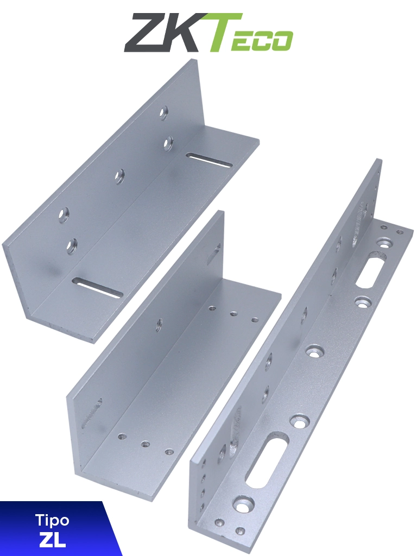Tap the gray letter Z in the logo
point(144,34)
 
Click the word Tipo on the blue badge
point(52,520)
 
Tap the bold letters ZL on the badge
point(52,540)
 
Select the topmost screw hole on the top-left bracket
point(163,112)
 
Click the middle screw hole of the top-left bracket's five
point(119,175)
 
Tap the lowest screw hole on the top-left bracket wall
point(71,247)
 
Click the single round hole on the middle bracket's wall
point(160,325)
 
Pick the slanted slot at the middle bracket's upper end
point(213,254)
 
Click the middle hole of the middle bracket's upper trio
point(234,313)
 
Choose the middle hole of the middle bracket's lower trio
point(146,444)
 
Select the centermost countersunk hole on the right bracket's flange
point(314,352)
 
